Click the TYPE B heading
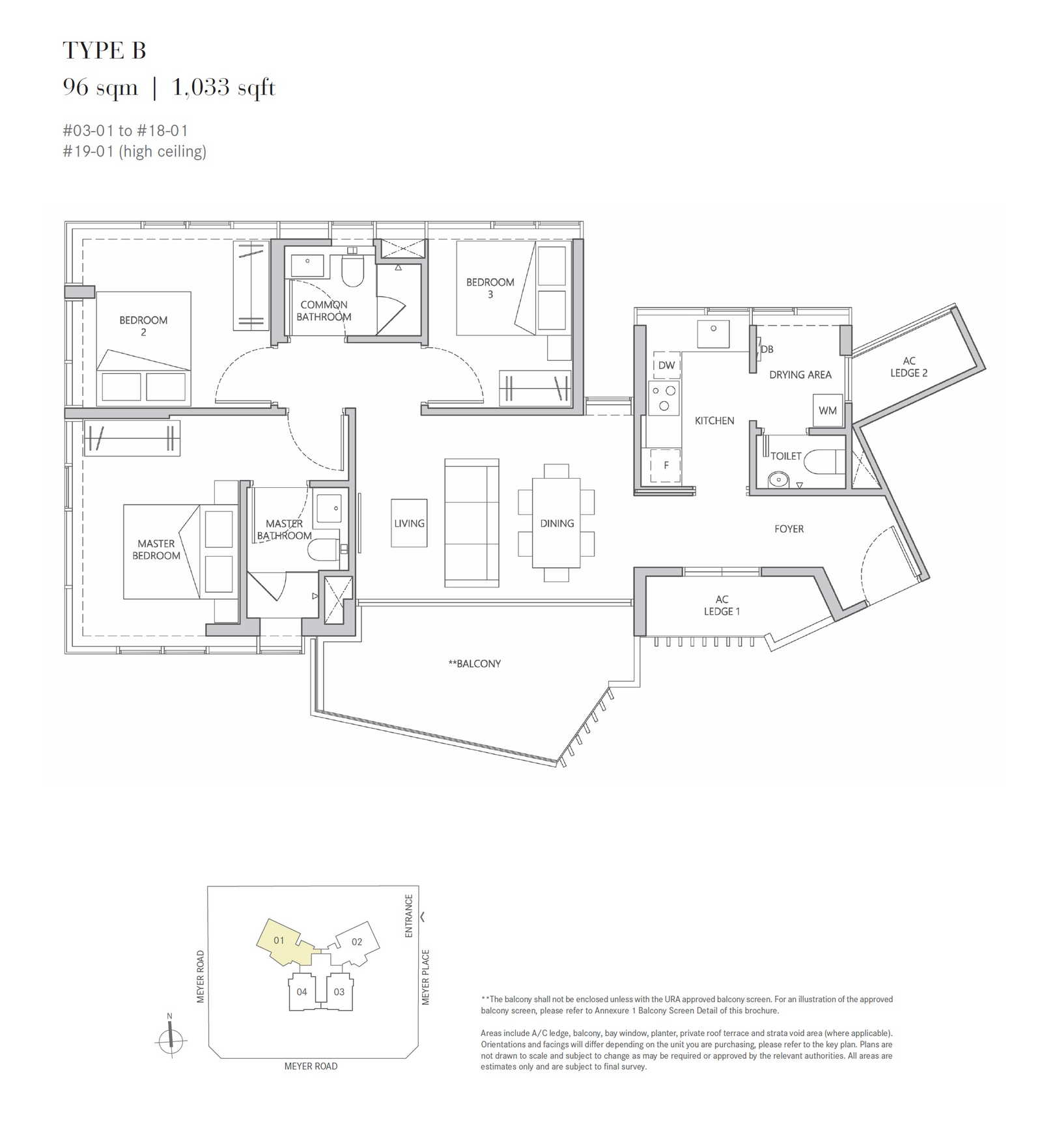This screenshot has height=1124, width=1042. pyautogui.click(x=104, y=50)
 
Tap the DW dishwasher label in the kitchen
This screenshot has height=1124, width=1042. pyautogui.click(x=666, y=365)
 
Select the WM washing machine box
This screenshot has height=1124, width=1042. pyautogui.click(x=828, y=410)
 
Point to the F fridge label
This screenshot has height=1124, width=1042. pyautogui.click(x=666, y=465)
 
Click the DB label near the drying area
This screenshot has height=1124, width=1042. pyautogui.click(x=767, y=349)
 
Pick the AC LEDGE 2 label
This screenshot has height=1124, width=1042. pyautogui.click(x=909, y=367)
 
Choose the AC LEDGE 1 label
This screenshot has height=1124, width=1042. pyautogui.click(x=722, y=605)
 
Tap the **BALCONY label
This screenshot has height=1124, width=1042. pyautogui.click(x=475, y=664)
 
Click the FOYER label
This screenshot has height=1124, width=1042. pyautogui.click(x=789, y=529)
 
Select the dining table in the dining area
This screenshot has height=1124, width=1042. pyautogui.click(x=557, y=523)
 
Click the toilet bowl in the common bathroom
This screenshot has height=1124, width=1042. pyautogui.click(x=352, y=270)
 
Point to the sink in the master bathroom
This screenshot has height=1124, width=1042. pyautogui.click(x=328, y=507)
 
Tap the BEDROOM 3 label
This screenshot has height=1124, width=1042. pyautogui.click(x=490, y=288)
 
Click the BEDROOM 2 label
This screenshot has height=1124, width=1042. pyautogui.click(x=143, y=326)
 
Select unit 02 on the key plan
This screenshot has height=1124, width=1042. pyautogui.click(x=357, y=942)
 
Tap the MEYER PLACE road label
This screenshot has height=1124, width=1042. pyautogui.click(x=425, y=977)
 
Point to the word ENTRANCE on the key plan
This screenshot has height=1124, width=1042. pyautogui.click(x=409, y=916)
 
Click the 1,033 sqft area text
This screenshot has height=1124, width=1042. pyautogui.click(x=224, y=87)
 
